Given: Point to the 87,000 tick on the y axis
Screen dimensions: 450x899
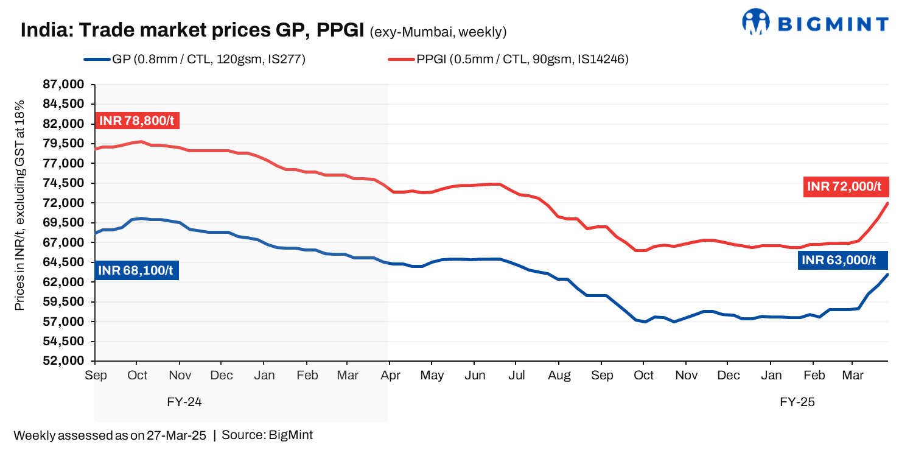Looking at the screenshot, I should coord(63,85).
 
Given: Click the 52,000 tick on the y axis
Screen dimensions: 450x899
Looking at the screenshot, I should coord(63,360).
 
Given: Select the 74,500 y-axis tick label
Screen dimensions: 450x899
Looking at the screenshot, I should coord(63,183).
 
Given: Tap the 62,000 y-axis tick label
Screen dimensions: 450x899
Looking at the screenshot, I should coord(63,282).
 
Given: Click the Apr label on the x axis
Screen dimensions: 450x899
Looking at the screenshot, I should coord(390,375).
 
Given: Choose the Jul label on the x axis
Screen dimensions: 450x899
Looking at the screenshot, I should coord(516,375).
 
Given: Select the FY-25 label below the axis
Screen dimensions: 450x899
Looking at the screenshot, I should coord(797,403).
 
